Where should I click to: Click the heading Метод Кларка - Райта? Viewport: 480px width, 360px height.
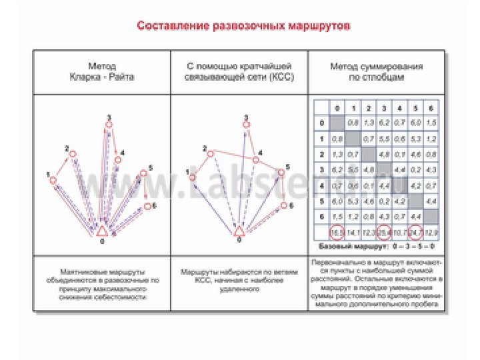click(102, 72)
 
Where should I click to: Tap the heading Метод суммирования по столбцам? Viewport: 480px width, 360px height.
click(377, 72)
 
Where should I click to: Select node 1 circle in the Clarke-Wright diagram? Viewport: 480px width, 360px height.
click(52, 180)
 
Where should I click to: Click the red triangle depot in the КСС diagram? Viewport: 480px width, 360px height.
click(239, 230)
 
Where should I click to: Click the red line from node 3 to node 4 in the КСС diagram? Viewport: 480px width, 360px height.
click(249, 142)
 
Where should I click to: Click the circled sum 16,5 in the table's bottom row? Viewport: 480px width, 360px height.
click(337, 233)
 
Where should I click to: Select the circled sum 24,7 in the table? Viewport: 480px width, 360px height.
click(415, 233)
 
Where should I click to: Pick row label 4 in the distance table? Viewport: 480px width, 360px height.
click(322, 185)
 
